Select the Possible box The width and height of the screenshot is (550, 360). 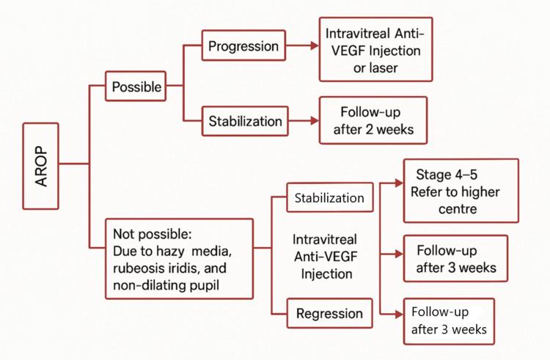[x=136, y=87]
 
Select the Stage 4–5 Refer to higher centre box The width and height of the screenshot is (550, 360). [x=460, y=191]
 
